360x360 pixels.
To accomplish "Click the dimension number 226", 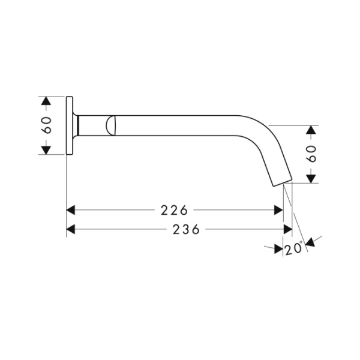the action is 174,210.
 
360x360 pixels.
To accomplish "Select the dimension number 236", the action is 186,229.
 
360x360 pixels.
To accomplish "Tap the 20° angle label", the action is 294,248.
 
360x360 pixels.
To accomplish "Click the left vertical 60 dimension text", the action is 46,125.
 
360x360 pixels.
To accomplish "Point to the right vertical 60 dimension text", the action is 311,154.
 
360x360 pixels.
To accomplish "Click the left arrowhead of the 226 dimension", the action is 70,210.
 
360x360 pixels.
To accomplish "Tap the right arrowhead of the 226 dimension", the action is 278,210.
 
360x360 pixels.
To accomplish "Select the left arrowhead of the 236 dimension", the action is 70,229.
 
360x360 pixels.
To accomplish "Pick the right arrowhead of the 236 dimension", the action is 288,229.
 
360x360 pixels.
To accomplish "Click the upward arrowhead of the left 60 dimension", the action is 46,101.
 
